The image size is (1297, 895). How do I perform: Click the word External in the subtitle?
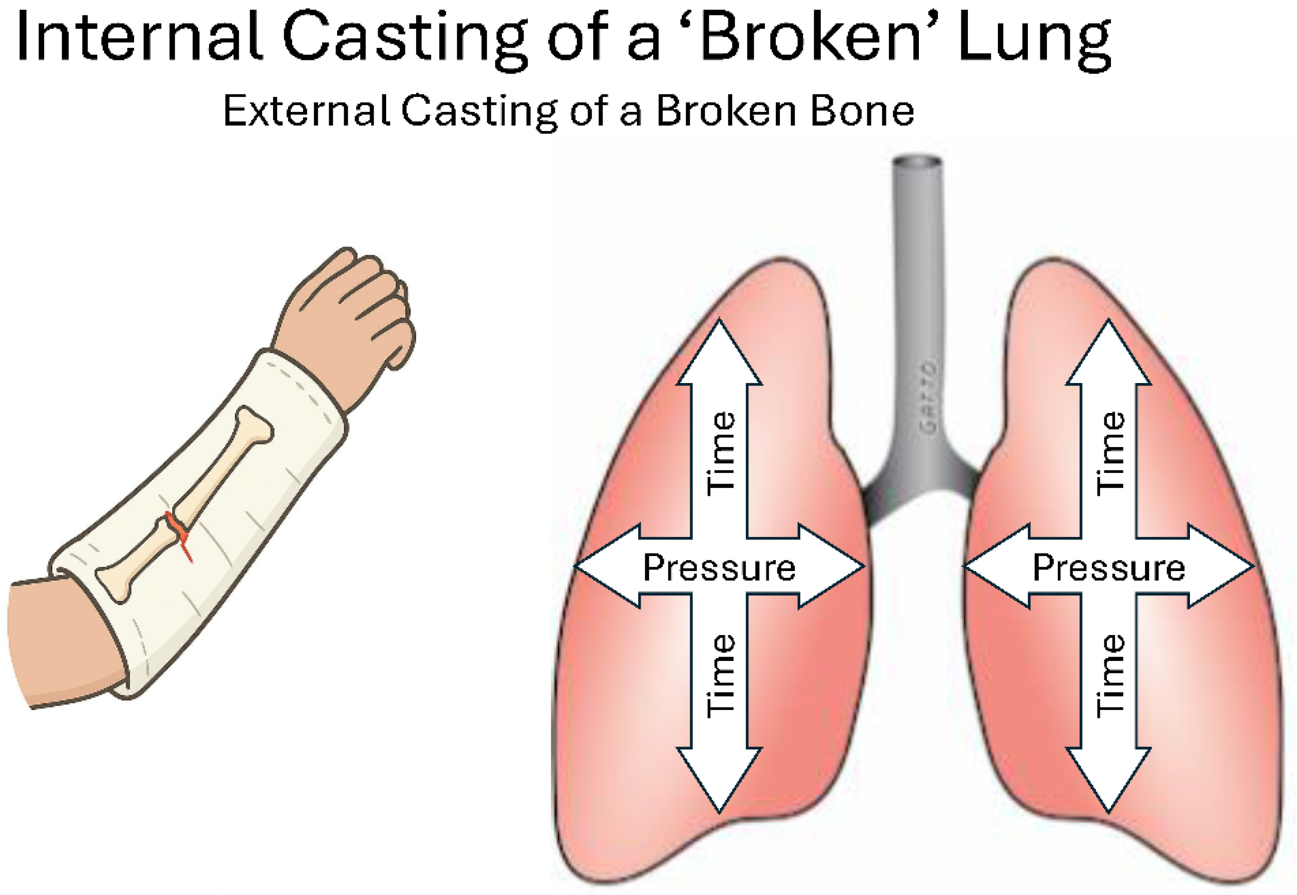point(306,110)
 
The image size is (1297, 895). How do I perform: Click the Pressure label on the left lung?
point(719,567)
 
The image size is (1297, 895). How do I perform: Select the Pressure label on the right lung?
point(1108,567)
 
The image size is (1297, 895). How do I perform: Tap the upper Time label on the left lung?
point(720,454)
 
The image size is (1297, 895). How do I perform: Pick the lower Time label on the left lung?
point(720,675)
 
